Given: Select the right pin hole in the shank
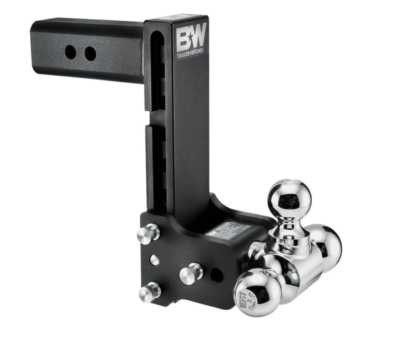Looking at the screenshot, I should pos(90,51).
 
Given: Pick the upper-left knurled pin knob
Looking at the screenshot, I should pos(144,235).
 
